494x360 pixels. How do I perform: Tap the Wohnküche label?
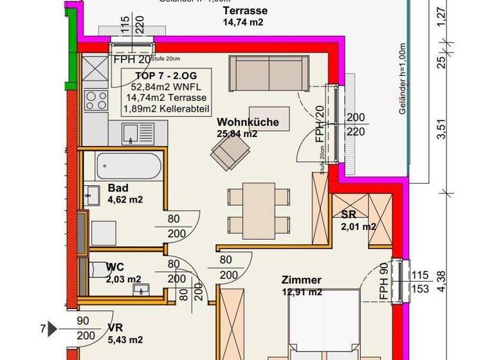(x=238, y=122)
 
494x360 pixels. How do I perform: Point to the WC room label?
(x=116, y=267)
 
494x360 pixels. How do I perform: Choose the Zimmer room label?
(x=301, y=280)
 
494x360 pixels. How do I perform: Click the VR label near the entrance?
(x=116, y=327)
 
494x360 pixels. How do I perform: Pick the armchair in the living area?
(x=232, y=152)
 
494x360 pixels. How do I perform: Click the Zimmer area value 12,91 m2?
(x=302, y=292)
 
